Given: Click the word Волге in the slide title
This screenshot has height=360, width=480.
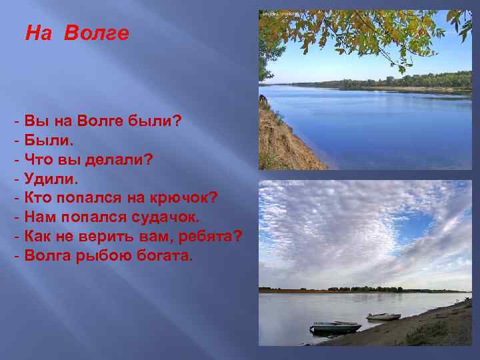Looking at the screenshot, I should point(97,33).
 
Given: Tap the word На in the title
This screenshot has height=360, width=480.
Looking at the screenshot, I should point(39,33).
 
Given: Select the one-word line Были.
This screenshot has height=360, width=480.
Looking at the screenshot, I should point(49,141).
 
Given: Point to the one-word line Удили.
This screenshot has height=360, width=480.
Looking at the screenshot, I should point(51,179).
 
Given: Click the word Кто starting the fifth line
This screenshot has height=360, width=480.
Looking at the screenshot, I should point(38,198).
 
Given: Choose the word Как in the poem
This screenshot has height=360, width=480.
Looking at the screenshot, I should point(39,237).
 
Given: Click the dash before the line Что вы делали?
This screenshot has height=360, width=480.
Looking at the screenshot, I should point(15,160).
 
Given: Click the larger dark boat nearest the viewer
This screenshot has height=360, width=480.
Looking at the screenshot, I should point(335,327).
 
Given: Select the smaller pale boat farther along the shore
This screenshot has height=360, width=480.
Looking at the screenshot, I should point(383,316).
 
